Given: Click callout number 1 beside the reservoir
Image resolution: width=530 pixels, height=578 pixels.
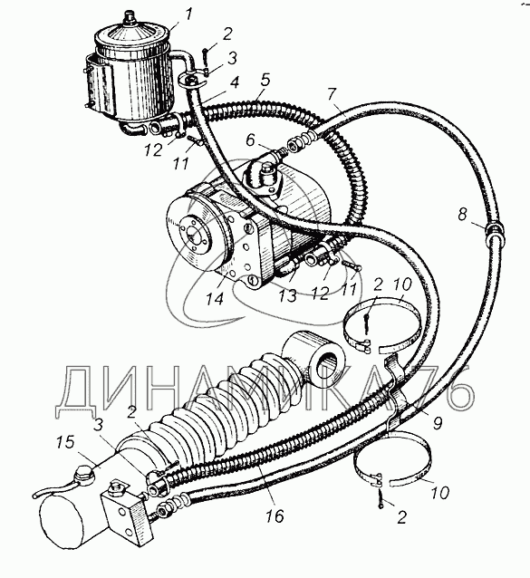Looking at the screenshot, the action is pos(188,14).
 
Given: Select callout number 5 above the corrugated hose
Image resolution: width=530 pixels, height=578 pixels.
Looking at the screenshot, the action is pos(265,80).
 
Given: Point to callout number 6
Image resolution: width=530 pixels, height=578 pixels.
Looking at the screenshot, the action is pos(250,140).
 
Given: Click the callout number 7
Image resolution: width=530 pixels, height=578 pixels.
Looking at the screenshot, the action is pos(332,94).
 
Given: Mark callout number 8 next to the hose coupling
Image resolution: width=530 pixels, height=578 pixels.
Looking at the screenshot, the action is pos(463,214).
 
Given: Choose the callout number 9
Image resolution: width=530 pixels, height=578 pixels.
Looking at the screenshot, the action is pos(437,423).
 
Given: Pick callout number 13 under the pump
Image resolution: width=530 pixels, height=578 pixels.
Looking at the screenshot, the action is pos(287,295).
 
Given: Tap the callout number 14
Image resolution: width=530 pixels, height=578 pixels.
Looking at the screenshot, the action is pos(215,298).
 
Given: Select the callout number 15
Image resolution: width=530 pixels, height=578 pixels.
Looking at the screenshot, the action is pos(65,442).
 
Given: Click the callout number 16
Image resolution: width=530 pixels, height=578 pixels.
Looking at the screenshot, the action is pos(275,516).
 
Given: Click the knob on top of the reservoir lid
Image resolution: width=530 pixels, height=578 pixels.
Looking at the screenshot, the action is pos(130,16).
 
